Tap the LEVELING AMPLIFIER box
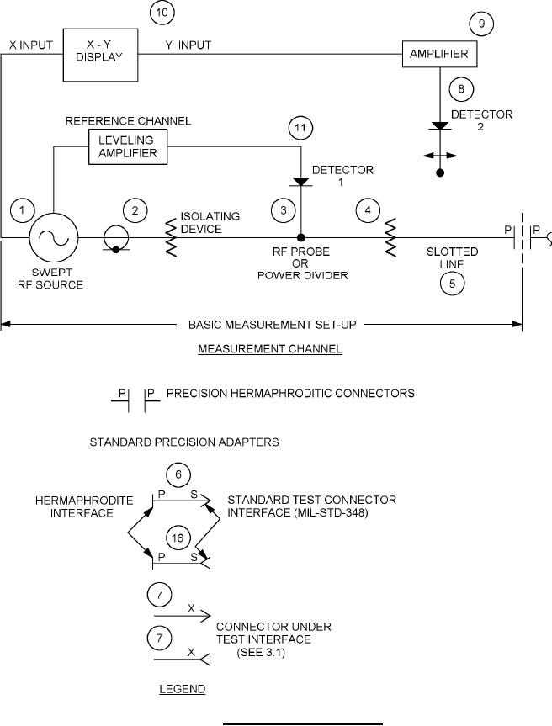point(128,149)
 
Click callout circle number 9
point(480,24)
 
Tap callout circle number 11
point(300,130)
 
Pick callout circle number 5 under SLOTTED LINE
point(452,284)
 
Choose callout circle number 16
point(178,538)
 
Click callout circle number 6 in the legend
point(178,474)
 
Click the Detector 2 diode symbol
point(440,126)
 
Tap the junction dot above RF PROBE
point(300,238)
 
